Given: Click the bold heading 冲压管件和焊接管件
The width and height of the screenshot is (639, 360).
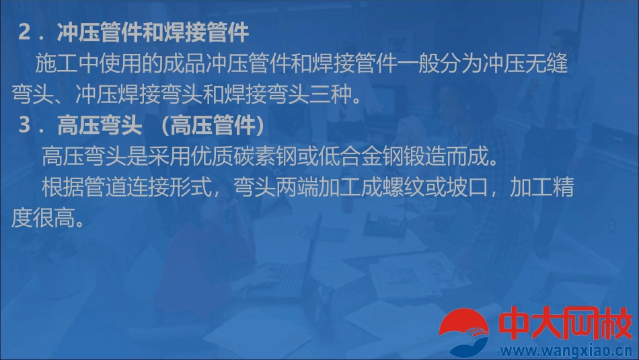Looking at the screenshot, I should click(x=153, y=32).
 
